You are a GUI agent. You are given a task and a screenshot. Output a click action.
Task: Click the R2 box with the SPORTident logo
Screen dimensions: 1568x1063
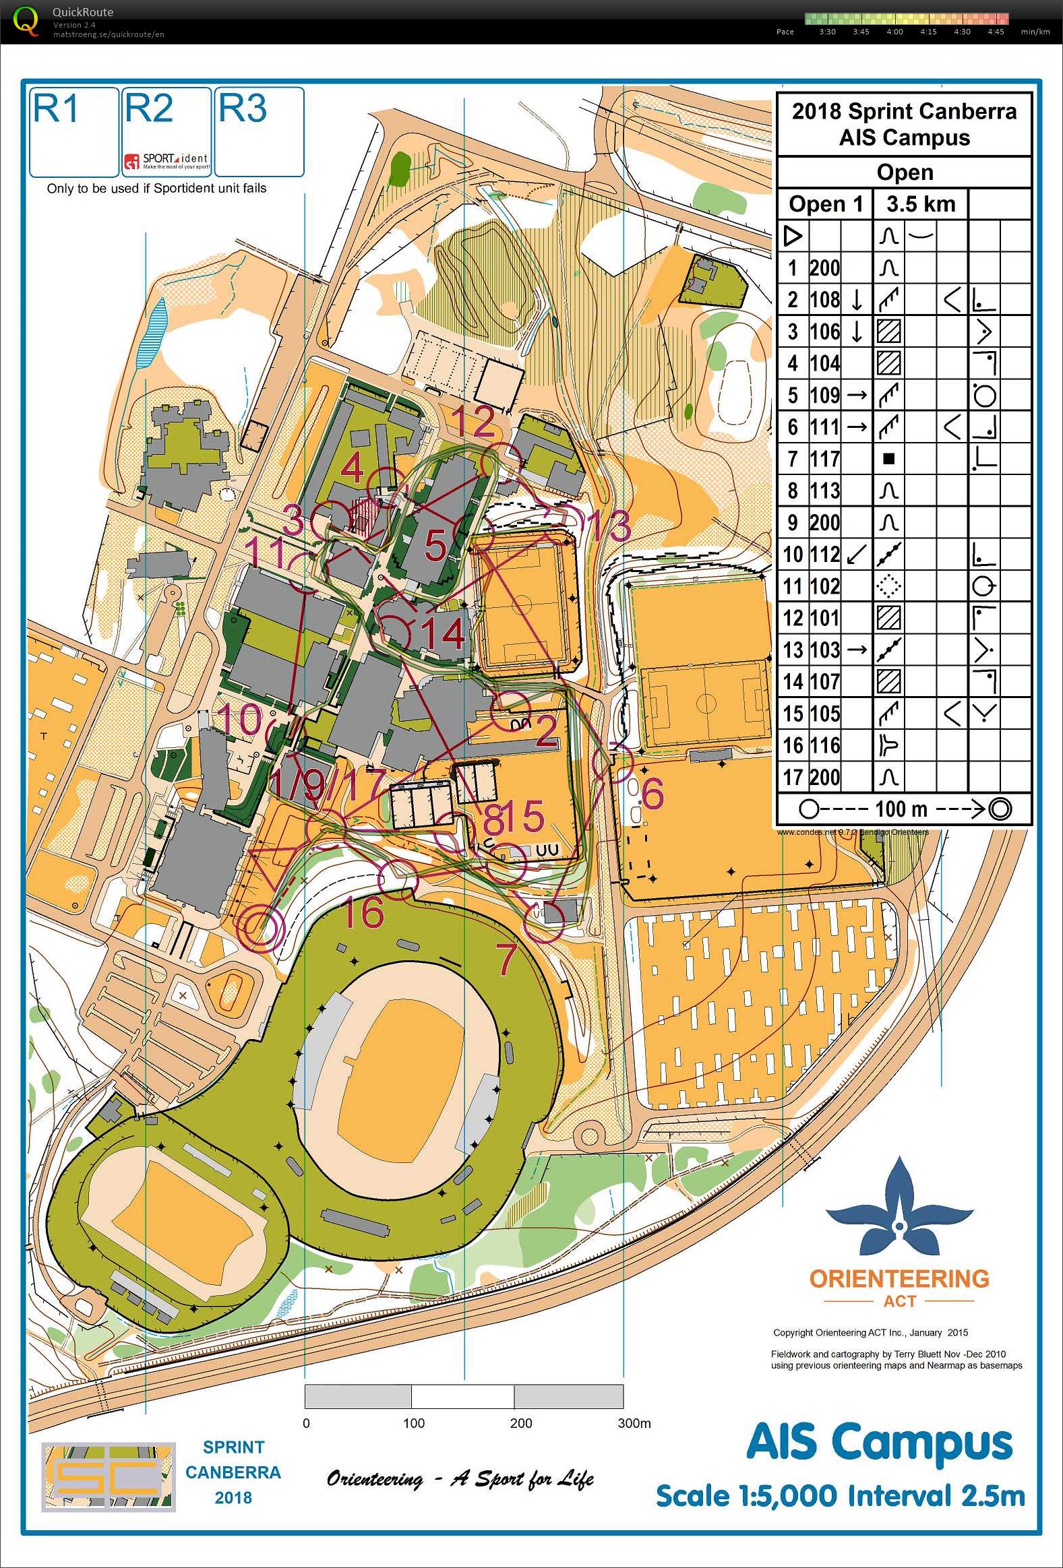166,131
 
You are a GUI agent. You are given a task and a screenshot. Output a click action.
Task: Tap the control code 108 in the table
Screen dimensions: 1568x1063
824,300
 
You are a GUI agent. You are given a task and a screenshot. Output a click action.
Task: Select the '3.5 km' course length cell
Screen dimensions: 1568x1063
920,203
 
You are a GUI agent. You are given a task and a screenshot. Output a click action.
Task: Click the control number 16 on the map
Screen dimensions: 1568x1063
363,912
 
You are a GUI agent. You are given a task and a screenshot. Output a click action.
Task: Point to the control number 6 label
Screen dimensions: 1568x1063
652,793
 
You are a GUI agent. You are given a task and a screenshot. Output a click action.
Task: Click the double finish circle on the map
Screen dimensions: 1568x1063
260,927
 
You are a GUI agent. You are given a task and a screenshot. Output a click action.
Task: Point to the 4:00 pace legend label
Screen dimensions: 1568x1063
894,32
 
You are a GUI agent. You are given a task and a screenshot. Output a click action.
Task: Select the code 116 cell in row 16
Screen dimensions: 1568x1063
824,745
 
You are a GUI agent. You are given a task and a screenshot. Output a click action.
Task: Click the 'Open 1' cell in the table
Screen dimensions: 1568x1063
826,203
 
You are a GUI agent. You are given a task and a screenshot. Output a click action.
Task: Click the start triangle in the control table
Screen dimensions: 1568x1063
792,236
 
